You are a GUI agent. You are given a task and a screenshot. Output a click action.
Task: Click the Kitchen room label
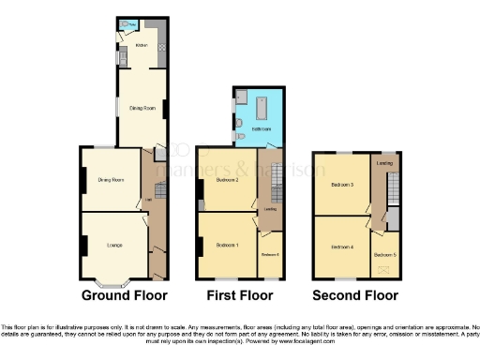tap(142, 45)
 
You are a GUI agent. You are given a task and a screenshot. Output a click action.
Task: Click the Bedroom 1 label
tap(228, 246)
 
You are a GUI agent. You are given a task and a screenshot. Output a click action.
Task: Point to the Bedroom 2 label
tap(229, 179)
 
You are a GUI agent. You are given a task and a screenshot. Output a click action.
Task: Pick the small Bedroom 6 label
tap(270, 255)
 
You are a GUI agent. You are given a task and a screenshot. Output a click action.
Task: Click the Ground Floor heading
tap(125, 295)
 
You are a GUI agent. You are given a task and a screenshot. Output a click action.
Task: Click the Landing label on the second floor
tap(384, 164)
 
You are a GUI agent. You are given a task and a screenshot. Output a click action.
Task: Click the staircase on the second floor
tap(395, 192)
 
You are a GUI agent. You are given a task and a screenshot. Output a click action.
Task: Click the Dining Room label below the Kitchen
tap(142, 109)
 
